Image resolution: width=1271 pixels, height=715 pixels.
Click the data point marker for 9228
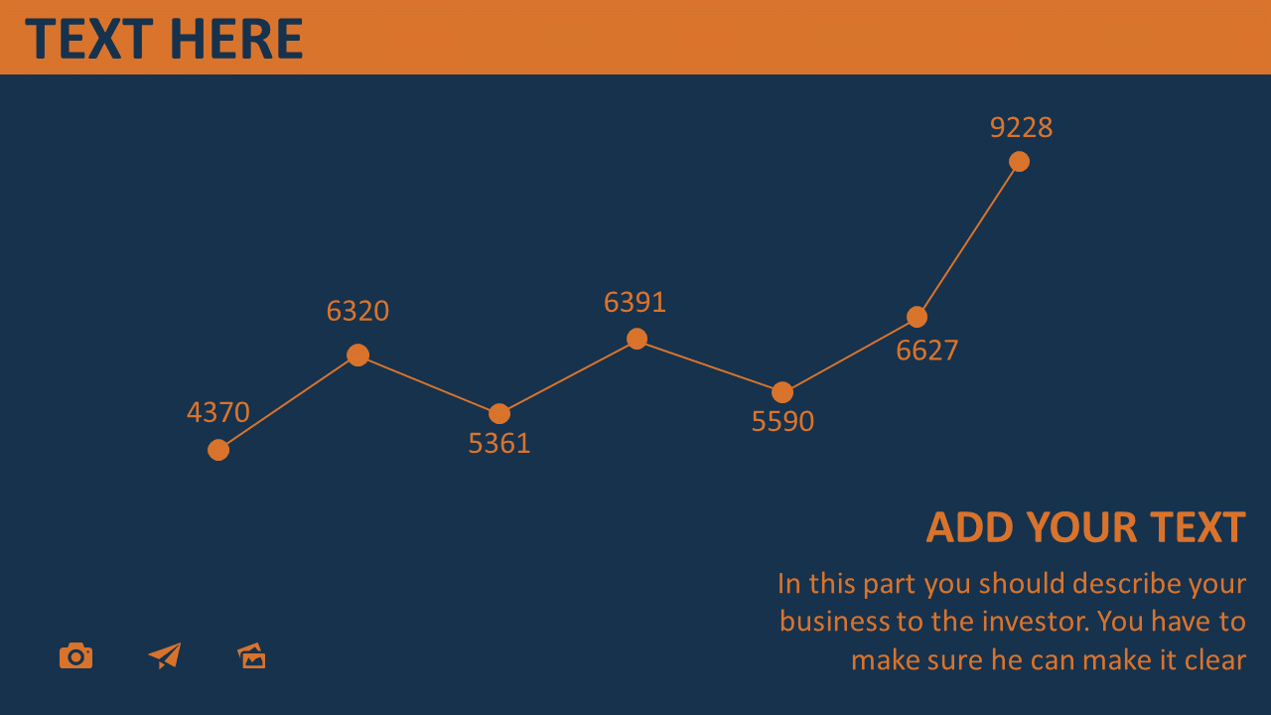click(x=1019, y=162)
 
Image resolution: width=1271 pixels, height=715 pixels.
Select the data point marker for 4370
click(x=218, y=450)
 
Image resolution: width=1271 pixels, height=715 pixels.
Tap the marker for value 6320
click(x=358, y=356)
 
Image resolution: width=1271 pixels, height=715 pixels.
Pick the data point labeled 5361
click(x=499, y=414)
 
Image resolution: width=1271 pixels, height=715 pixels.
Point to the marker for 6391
click(x=636, y=339)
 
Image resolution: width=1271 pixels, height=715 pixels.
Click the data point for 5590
click(x=782, y=392)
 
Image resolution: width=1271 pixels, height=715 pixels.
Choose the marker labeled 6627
click(x=917, y=317)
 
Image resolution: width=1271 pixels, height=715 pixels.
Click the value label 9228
click(x=1022, y=127)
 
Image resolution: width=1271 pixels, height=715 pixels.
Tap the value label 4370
click(x=218, y=412)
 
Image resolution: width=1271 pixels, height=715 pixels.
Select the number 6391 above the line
click(x=635, y=302)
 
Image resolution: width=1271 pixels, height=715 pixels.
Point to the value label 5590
click(x=783, y=421)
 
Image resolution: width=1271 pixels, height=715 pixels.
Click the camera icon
click(x=76, y=656)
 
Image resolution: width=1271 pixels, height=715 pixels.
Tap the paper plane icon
click(x=165, y=656)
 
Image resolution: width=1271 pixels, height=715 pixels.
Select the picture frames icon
click(x=251, y=656)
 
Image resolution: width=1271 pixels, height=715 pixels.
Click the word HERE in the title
click(x=236, y=39)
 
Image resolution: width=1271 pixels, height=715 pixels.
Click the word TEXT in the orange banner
click(x=89, y=39)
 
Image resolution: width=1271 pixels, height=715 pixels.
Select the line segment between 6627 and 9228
click(x=968, y=239)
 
